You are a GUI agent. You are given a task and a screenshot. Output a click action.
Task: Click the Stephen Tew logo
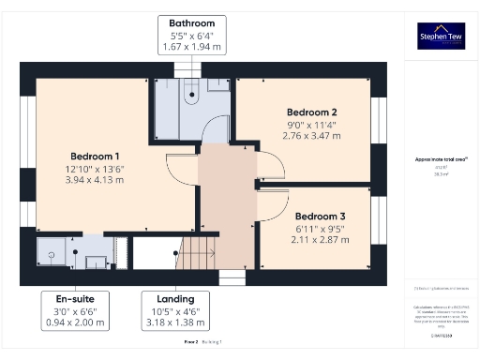441,36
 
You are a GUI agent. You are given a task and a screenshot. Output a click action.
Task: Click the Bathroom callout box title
191,22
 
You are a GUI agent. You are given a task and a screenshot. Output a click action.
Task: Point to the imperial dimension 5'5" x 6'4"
191,36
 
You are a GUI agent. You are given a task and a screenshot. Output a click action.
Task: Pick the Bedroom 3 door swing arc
274,199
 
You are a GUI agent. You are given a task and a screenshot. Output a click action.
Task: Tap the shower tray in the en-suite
52,253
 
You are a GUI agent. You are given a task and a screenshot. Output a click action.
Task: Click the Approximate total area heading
441,159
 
